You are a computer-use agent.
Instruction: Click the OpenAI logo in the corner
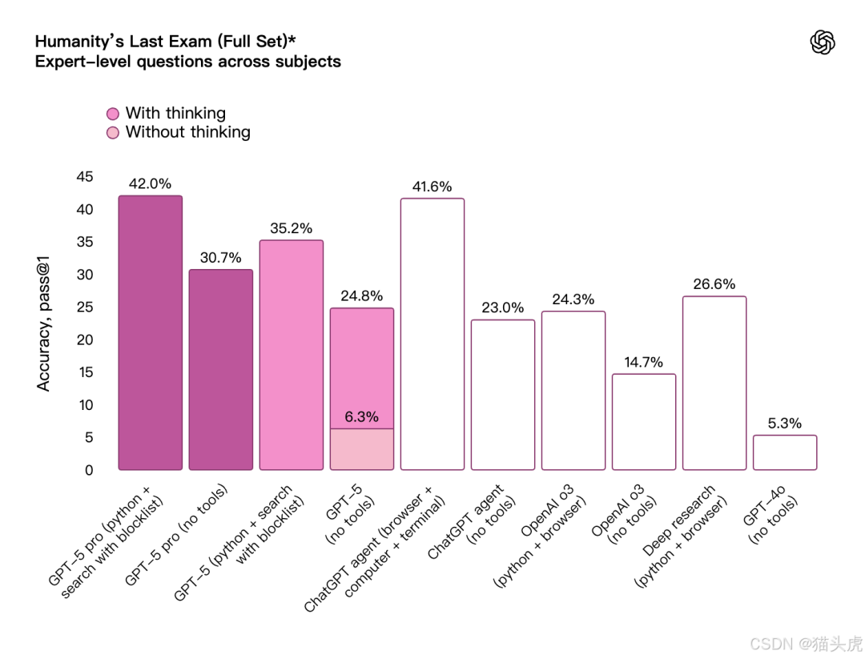(823, 42)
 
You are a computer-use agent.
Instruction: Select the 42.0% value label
(150, 183)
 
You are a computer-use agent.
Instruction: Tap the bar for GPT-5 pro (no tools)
(221, 369)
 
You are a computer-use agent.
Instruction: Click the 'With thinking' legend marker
(113, 115)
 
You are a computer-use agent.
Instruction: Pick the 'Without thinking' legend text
(187, 132)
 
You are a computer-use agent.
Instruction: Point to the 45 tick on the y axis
(84, 177)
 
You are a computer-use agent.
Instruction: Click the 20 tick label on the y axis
(84, 340)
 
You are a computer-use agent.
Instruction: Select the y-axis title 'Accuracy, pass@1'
(44, 323)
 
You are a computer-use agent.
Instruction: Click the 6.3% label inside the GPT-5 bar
(362, 417)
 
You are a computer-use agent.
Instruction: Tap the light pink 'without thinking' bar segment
(362, 449)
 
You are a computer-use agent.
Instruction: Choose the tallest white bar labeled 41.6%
(432, 334)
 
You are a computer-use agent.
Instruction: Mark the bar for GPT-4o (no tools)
(785, 452)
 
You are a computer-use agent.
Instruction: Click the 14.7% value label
(643, 362)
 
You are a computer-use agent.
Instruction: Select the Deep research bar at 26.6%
(714, 383)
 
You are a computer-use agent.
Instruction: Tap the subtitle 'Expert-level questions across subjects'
(187, 62)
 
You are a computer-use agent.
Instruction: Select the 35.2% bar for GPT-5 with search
(292, 355)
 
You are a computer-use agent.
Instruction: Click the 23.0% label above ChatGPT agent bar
(503, 307)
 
